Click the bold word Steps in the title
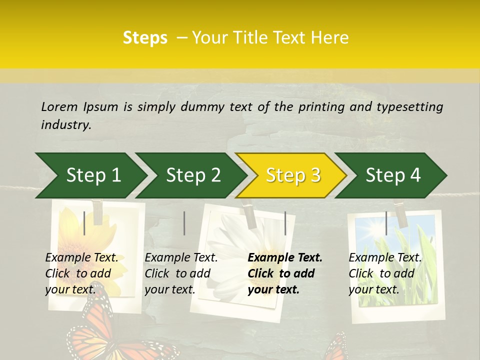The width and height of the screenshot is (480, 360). [x=145, y=38]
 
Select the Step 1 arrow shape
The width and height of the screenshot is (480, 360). [x=90, y=175]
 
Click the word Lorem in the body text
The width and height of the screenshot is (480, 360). [x=59, y=106]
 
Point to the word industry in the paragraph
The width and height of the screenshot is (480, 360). [x=65, y=124]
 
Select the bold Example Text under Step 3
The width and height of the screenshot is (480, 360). [x=285, y=258]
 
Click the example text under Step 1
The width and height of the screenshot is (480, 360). [x=81, y=273]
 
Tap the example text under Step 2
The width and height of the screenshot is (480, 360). [x=181, y=273]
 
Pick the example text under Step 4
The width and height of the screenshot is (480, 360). [x=385, y=273]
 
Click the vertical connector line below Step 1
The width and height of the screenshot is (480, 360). [x=84, y=223]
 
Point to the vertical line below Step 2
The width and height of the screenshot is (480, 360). [x=184, y=223]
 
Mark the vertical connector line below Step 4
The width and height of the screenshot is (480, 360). [x=386, y=223]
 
